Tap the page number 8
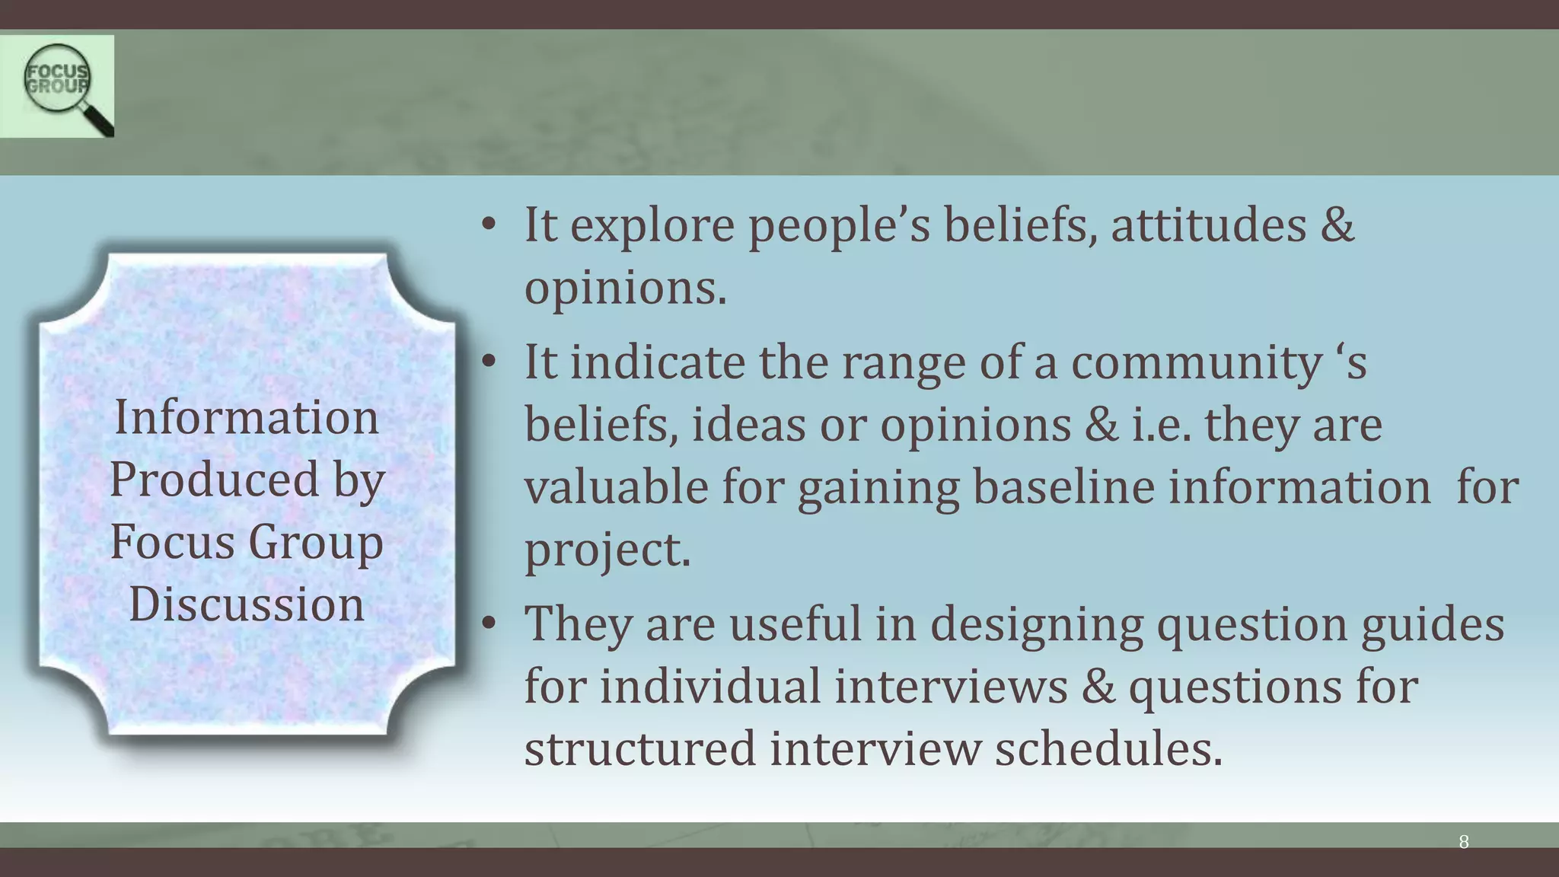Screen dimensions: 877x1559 pyautogui.click(x=1463, y=842)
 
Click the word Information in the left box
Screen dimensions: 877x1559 pyautogui.click(x=246, y=418)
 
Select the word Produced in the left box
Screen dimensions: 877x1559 pyautogui.click(x=214, y=480)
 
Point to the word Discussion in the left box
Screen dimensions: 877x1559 pyautogui.click(x=246, y=604)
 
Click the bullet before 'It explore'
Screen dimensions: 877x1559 pyautogui.click(x=489, y=225)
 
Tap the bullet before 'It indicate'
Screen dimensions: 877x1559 pyautogui.click(x=489, y=362)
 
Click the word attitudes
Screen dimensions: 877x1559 pyautogui.click(x=1208, y=226)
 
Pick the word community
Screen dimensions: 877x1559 pyautogui.click(x=1196, y=362)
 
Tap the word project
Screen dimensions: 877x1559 pyautogui.click(x=607, y=550)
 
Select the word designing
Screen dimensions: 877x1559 pyautogui.click(x=1036, y=624)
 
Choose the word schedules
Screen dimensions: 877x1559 pyautogui.click(x=1108, y=749)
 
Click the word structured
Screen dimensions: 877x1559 pyautogui.click(x=639, y=749)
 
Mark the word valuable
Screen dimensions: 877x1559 pyautogui.click(x=616, y=487)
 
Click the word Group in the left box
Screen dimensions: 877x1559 pyautogui.click(x=315, y=542)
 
